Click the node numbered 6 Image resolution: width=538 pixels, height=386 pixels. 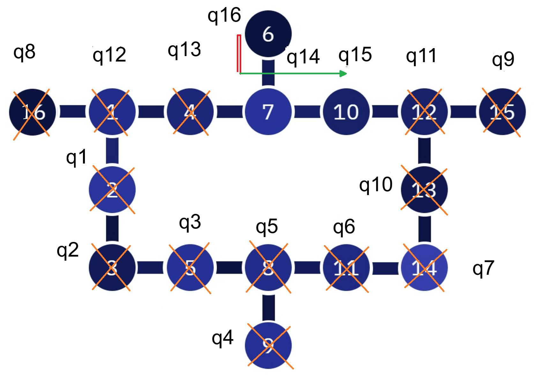click(268, 34)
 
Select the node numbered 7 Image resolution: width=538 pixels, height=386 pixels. click(268, 112)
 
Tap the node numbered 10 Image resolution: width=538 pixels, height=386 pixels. click(346, 112)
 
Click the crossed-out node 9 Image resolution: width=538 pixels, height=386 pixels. click(268, 345)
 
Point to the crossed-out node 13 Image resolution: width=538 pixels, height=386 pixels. click(424, 190)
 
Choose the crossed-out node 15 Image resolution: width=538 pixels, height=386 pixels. click(502, 112)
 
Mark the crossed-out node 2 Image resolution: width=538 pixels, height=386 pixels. click(112, 190)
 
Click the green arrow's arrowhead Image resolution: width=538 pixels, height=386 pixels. click(344, 74)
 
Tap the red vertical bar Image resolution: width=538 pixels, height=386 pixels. click(238, 54)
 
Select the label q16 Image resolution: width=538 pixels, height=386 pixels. click(224, 15)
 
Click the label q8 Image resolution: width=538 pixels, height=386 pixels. click(24, 52)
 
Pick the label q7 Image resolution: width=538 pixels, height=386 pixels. click(483, 268)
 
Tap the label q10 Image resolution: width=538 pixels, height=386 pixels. click(376, 185)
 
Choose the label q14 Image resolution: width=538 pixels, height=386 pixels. click(303, 57)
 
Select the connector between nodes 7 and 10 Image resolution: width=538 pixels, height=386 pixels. click(307, 112)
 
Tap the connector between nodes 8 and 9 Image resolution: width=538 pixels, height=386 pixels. click(268, 308)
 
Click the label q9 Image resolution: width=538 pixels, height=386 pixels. click(503, 60)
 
